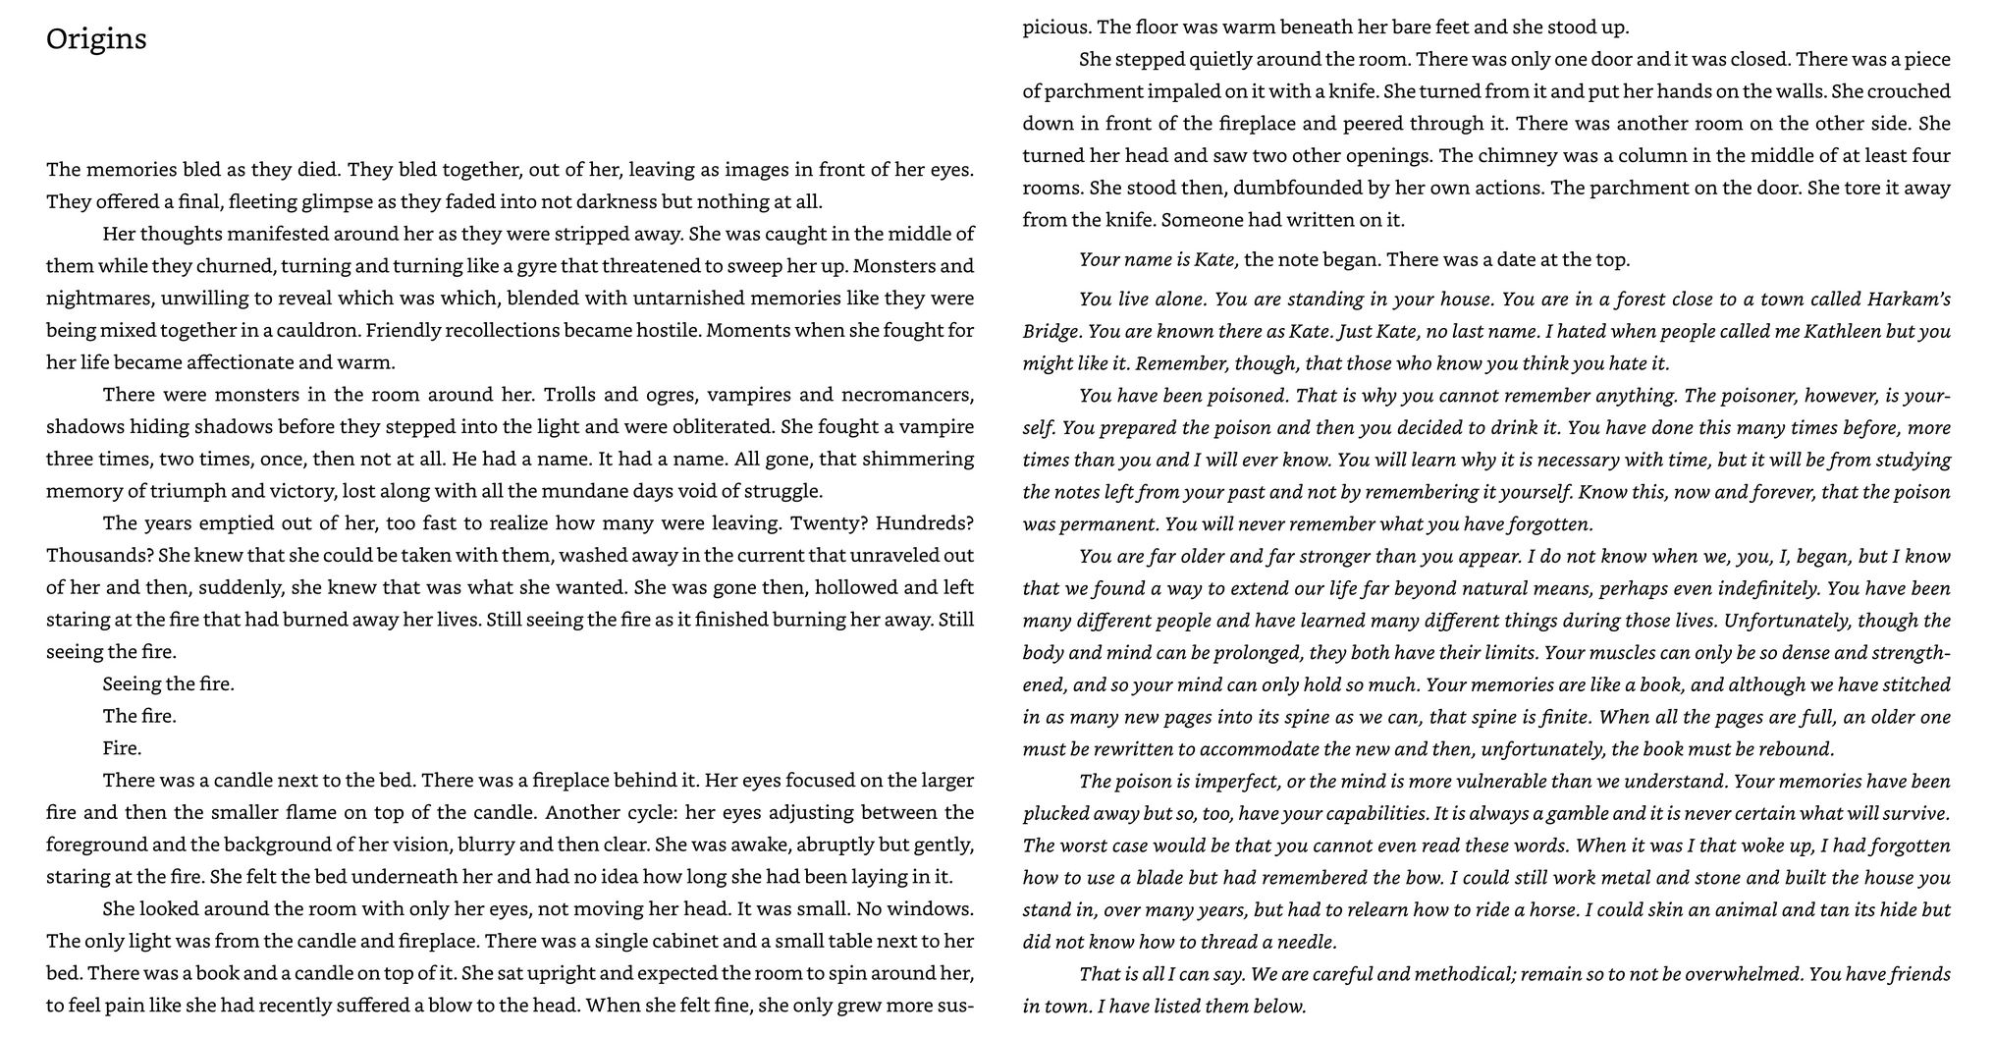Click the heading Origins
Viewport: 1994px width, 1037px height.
(96, 39)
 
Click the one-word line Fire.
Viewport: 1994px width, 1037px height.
(122, 748)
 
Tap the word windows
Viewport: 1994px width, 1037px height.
(934, 909)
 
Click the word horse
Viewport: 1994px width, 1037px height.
(1551, 910)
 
